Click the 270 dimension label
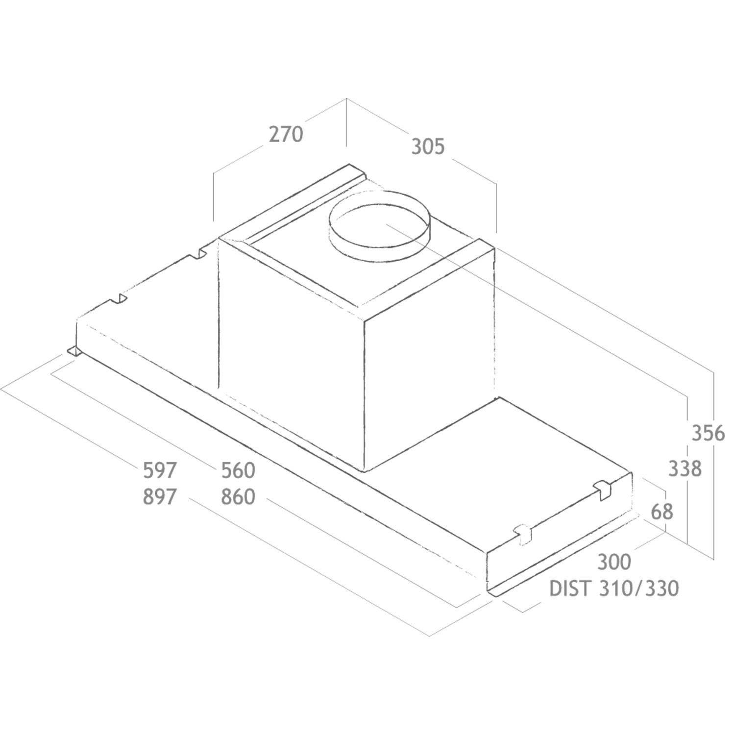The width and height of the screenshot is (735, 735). [286, 134]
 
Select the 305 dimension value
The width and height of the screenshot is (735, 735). [428, 147]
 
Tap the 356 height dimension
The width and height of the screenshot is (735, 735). [708, 433]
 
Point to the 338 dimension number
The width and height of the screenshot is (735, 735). [685, 469]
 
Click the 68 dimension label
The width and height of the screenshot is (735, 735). [662, 512]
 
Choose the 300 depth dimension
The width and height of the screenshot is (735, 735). [614, 562]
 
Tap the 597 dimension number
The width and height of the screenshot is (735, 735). [160, 470]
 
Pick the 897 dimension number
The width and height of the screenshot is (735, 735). [160, 497]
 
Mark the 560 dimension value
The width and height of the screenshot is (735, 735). [238, 470]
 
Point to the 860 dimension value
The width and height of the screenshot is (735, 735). [238, 497]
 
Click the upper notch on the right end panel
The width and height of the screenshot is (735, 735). [603, 490]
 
